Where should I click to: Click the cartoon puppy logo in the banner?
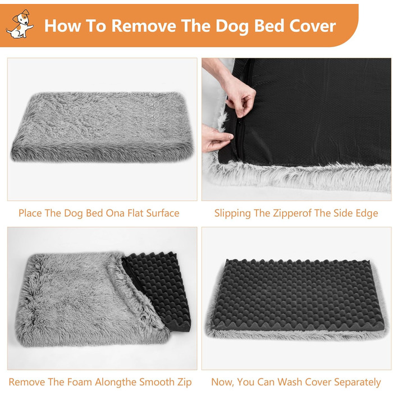[20, 24]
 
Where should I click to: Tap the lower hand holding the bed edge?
[215, 138]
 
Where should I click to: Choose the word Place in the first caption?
[30, 213]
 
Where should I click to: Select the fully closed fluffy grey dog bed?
[102, 126]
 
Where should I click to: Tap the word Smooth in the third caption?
[157, 382]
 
